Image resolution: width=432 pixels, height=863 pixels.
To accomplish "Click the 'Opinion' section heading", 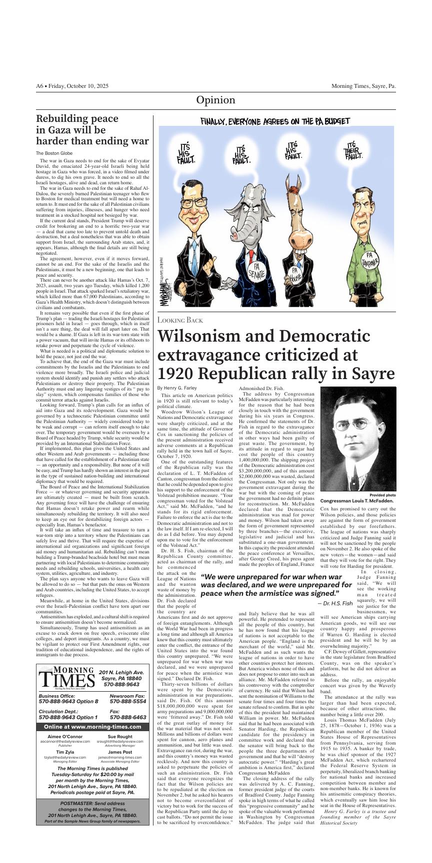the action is coord(215,100).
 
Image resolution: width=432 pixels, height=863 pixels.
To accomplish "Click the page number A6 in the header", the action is coord(40,86).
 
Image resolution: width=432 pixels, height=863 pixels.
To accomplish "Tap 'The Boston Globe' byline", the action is coord(53,153).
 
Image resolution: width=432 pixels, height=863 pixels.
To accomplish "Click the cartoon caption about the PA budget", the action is coord(275,121).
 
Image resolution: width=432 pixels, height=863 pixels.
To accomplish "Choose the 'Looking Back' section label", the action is coord(180,320).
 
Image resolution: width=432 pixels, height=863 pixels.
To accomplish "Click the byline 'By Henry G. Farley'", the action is coord(176,388).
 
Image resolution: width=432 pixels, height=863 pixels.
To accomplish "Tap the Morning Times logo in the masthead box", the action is coord(67,678).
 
